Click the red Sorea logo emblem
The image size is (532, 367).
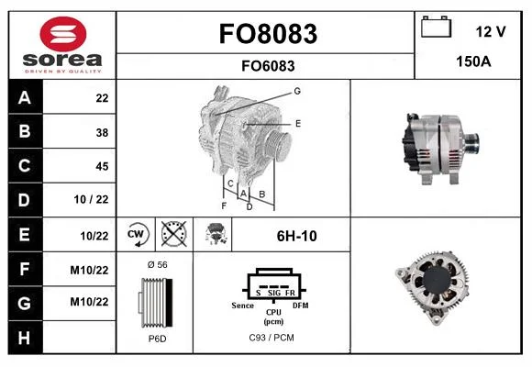point(63,34)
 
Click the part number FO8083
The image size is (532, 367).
point(268,34)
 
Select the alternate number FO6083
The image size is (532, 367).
point(268,66)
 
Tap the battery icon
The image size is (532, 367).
point(436,27)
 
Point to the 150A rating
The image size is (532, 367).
point(473,61)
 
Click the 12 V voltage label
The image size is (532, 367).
point(491,31)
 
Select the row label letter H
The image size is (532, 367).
point(24,338)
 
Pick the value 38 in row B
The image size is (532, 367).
point(102,132)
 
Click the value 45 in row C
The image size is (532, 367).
point(102,166)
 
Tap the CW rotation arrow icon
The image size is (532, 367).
point(137,234)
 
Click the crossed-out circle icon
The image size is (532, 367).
point(173,234)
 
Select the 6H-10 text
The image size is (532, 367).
point(297,236)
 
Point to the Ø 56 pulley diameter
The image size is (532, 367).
point(158,265)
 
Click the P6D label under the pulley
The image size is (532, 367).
point(158,339)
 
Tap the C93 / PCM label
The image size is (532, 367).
point(272,338)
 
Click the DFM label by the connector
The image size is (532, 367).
point(301,306)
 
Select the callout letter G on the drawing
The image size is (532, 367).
point(297,91)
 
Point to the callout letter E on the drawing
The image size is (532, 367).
point(298,124)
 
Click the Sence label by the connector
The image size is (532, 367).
point(242,306)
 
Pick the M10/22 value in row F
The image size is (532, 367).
point(89,271)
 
